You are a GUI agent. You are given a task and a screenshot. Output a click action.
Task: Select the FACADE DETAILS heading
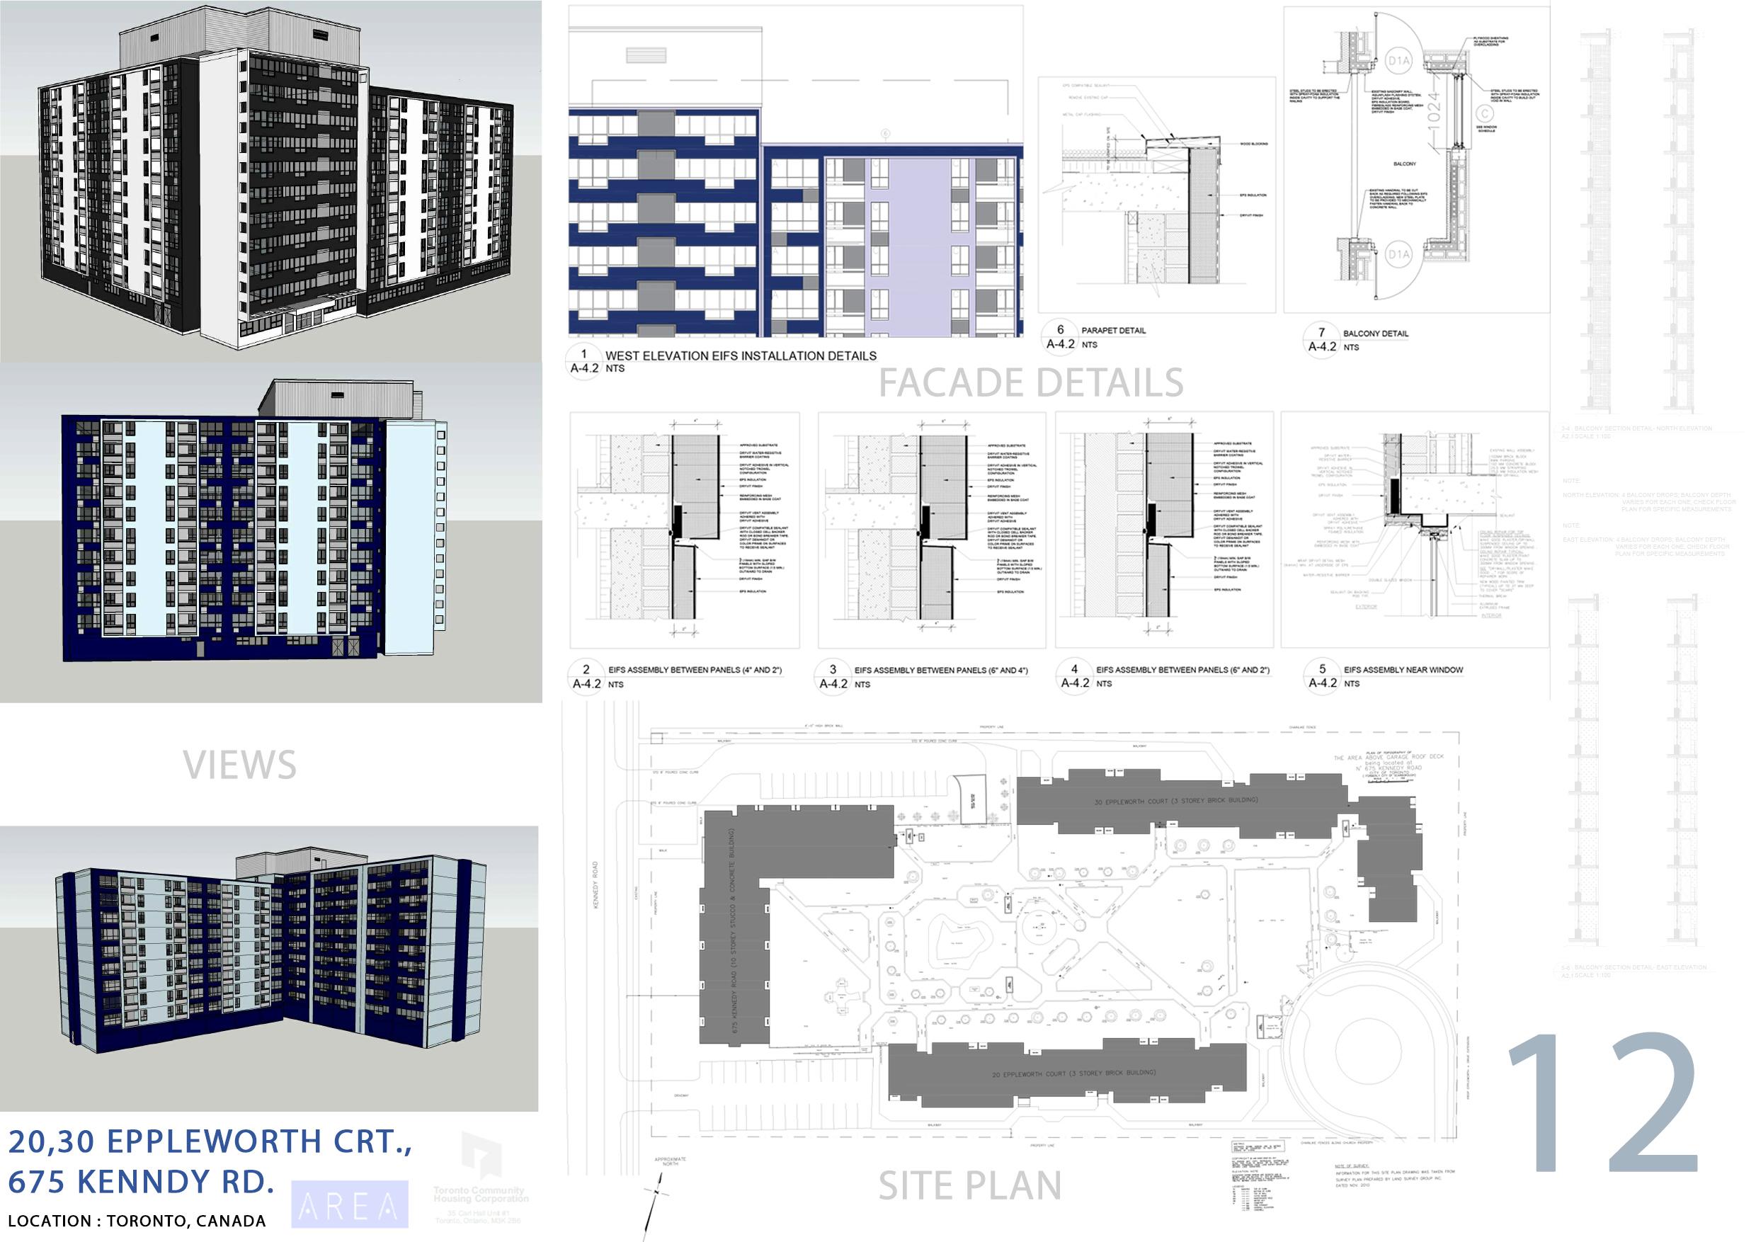tap(1030, 383)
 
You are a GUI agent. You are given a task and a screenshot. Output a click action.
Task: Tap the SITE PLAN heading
tap(969, 1186)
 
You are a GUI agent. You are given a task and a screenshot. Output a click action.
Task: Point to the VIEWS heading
tap(239, 765)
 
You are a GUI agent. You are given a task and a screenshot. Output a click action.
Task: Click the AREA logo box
tap(350, 1205)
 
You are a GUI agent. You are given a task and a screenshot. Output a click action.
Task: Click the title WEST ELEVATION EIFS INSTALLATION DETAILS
tap(741, 355)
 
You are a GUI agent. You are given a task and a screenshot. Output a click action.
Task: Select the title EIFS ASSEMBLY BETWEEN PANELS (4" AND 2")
tap(695, 671)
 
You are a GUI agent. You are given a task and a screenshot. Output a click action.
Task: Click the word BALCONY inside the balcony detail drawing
tap(1404, 164)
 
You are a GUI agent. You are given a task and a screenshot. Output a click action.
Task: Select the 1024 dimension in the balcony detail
tap(1434, 112)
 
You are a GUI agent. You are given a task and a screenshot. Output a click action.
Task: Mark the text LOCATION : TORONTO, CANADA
tap(137, 1221)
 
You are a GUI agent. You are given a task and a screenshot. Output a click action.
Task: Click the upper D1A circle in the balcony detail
tap(1398, 59)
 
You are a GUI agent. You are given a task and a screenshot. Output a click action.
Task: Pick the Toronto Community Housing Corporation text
tap(480, 1194)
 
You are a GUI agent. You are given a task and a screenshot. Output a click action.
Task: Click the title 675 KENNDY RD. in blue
tap(142, 1182)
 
